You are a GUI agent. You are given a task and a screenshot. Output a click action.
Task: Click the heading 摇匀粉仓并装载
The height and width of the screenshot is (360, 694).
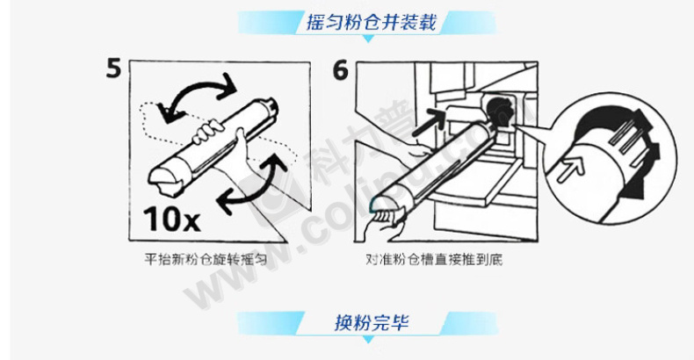coord(372,22)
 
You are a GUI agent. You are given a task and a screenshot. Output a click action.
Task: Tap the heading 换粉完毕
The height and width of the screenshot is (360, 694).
coord(372,322)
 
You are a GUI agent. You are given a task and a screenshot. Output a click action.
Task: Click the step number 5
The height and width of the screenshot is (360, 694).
coord(113,68)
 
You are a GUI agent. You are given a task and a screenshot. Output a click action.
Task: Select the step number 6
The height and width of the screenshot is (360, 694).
coord(340,70)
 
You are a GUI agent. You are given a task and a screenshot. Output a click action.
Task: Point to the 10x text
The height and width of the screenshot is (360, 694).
coord(171,219)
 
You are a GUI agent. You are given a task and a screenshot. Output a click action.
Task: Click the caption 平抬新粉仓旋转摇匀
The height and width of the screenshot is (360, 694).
coord(206,259)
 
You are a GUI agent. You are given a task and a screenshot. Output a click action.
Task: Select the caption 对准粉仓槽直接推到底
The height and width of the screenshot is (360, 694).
coord(434,259)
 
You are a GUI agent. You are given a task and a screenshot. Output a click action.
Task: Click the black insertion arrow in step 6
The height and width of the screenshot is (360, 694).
coord(430,123)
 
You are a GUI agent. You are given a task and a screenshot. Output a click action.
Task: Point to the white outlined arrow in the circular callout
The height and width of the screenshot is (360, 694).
coord(570,169)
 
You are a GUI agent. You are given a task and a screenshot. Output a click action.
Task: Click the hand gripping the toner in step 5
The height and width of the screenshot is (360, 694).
coord(208,132)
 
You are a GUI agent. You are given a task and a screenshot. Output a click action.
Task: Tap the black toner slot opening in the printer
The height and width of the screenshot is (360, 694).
coord(500,111)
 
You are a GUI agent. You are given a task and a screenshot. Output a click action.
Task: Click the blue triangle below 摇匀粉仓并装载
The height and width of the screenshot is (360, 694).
coord(368,39)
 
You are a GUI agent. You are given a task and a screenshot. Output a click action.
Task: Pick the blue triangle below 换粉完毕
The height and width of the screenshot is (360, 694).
coord(368,339)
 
